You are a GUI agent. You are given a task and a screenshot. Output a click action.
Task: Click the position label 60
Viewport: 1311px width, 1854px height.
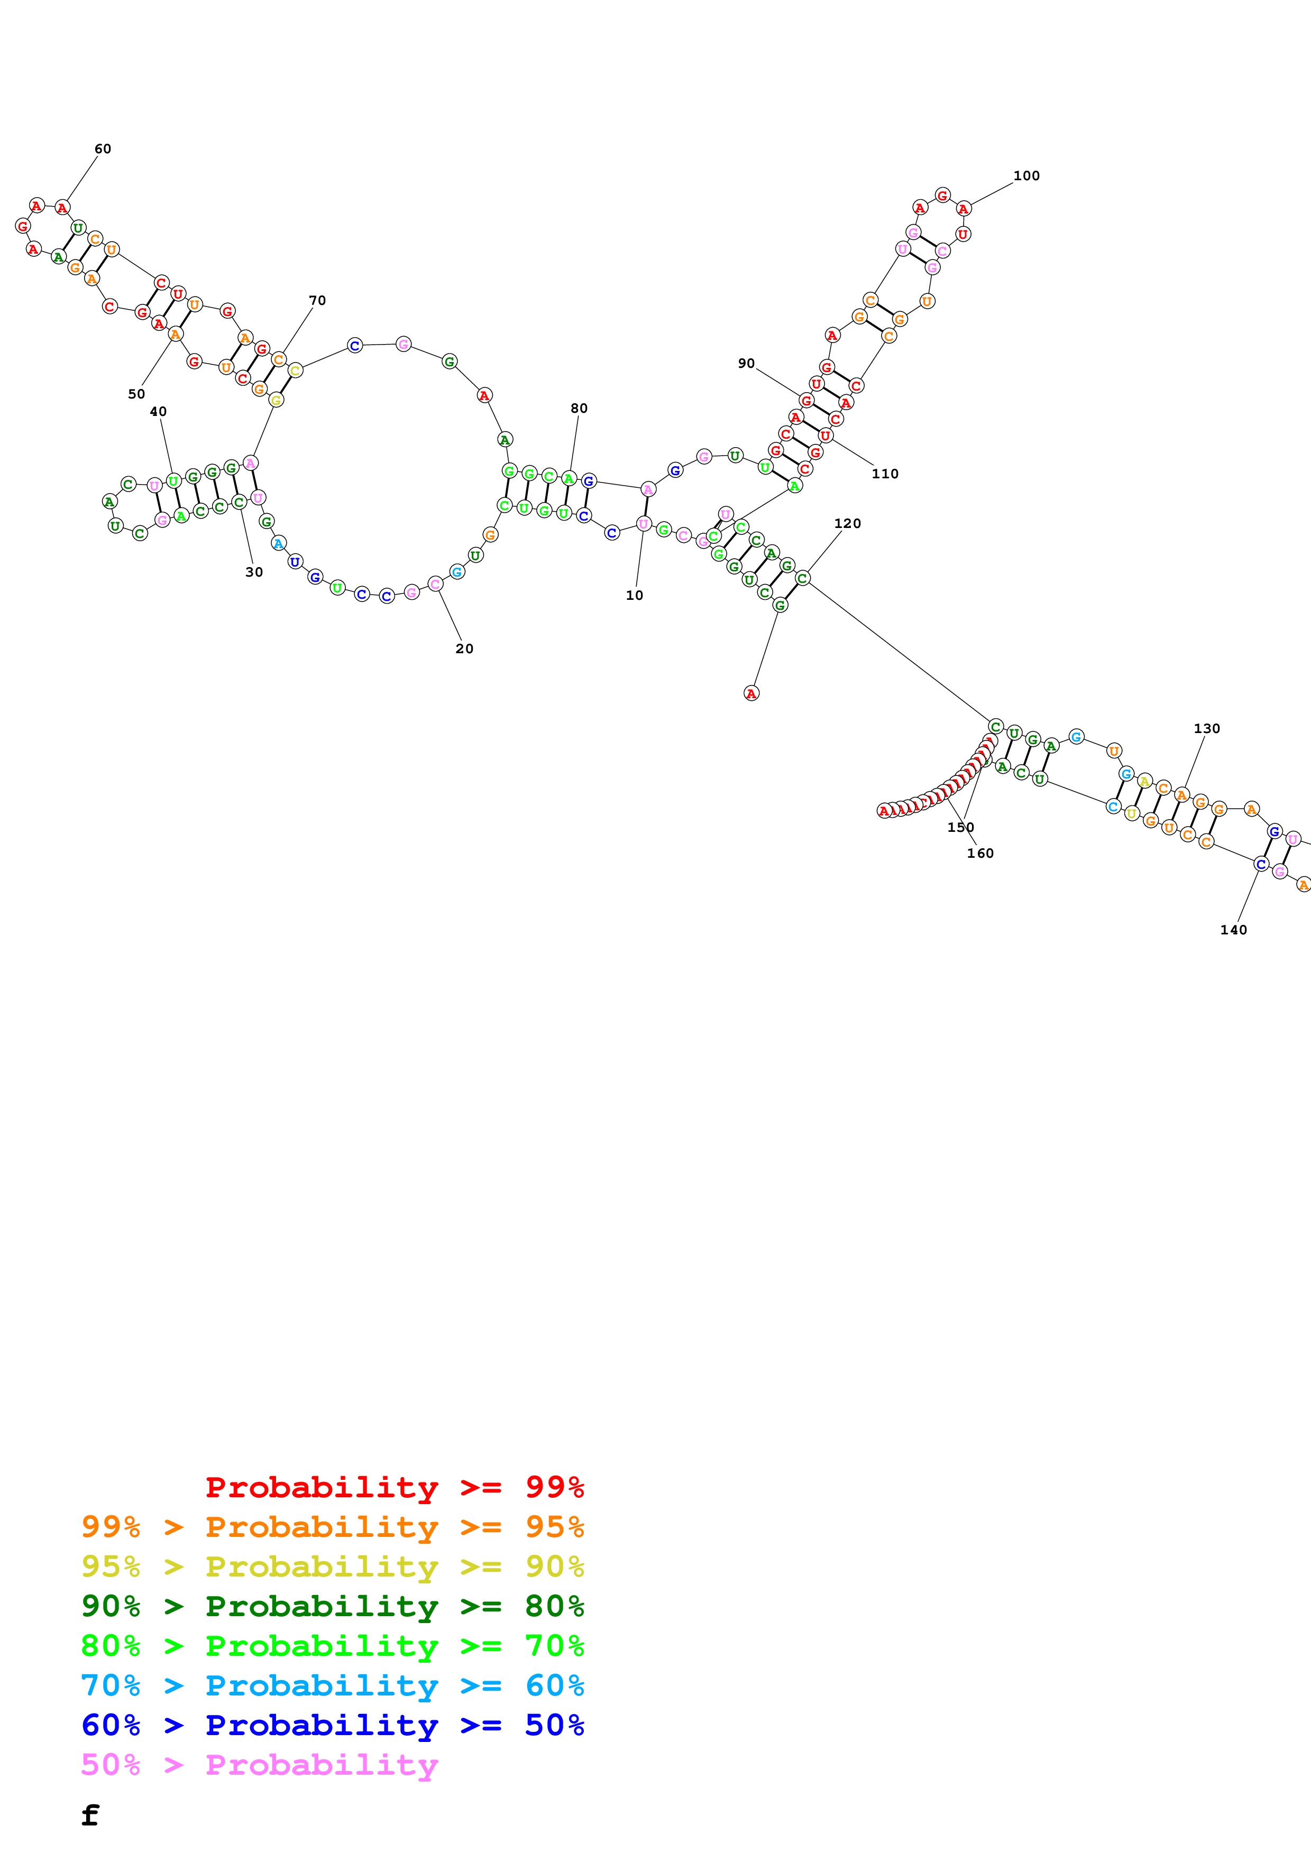[103, 149]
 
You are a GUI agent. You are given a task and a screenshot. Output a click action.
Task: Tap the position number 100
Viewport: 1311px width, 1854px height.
[1026, 175]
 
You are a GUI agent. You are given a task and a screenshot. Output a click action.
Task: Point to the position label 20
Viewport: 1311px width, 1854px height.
[464, 648]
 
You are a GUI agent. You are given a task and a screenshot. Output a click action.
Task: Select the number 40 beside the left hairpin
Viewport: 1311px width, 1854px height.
[158, 411]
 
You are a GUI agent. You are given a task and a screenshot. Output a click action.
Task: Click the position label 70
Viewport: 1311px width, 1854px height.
[317, 300]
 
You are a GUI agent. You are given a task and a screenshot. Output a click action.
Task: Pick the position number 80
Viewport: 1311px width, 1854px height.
[579, 408]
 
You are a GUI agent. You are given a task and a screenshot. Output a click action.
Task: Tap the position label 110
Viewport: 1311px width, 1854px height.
[885, 473]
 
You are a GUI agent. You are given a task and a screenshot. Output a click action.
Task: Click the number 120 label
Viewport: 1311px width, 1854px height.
[847, 523]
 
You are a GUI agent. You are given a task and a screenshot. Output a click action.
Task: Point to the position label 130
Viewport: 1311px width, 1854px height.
[1207, 728]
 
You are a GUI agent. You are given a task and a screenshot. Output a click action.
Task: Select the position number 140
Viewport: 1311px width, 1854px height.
[1233, 930]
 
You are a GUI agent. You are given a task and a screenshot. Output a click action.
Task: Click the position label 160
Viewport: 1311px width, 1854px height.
[980, 852]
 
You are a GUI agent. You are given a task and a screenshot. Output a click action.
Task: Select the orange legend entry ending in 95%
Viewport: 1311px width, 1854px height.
[332, 1526]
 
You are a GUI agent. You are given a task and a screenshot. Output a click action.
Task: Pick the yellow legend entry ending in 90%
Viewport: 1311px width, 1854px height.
[332, 1566]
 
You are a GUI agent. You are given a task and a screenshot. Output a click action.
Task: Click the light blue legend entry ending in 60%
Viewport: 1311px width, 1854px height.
[332, 1685]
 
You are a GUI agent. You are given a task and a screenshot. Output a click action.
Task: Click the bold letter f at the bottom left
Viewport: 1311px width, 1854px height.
[90, 1814]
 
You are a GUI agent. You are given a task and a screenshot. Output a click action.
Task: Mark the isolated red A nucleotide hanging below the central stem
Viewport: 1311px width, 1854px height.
[751, 693]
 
